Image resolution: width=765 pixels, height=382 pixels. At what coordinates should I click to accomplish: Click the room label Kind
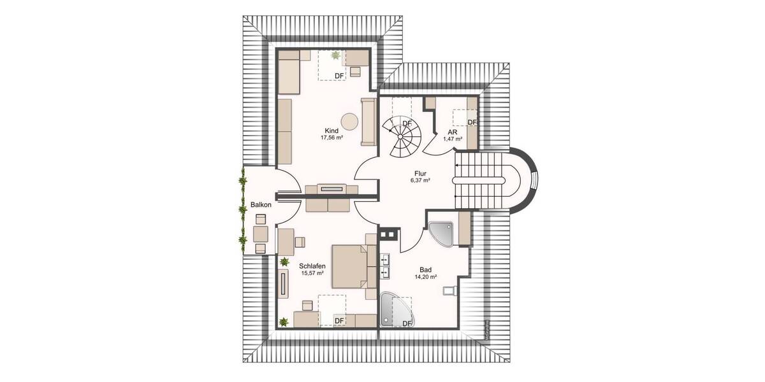tap(331, 130)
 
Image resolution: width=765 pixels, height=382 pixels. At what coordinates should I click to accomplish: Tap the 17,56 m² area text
tap(331, 137)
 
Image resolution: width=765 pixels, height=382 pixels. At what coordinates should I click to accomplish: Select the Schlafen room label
tap(312, 265)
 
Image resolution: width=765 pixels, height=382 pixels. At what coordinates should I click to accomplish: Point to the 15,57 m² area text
tap(312, 272)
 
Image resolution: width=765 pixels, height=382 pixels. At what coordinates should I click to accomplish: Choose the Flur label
tap(419, 173)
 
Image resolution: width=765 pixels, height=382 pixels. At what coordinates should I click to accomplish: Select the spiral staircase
tap(402, 136)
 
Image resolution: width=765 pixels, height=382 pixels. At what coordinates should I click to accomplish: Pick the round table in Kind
tap(349, 120)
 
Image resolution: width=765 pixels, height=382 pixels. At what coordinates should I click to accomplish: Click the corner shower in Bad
tap(441, 233)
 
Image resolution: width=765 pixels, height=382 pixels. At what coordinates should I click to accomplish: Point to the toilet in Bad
tap(449, 290)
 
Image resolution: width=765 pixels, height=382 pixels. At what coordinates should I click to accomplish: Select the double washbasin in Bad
tap(385, 265)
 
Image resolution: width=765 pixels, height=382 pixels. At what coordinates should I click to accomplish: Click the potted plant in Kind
tap(335, 56)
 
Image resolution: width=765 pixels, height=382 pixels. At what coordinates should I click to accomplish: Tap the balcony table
tap(260, 234)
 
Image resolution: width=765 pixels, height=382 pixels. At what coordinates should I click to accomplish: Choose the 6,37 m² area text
tap(419, 180)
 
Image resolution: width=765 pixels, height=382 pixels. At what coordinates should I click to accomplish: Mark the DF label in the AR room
tap(472, 122)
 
